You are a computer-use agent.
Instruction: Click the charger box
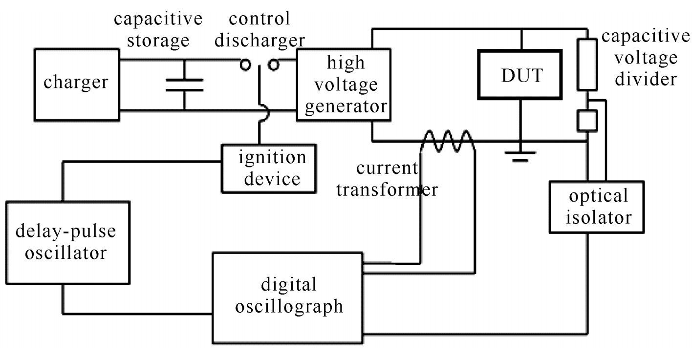pos(76,84)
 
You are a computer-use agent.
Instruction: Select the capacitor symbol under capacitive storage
pos(184,85)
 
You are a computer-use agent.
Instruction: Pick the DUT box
pos(521,76)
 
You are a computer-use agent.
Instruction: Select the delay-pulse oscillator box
pos(68,242)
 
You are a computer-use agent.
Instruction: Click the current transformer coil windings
pos(448,141)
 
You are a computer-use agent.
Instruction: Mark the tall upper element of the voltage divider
pos(587,64)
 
